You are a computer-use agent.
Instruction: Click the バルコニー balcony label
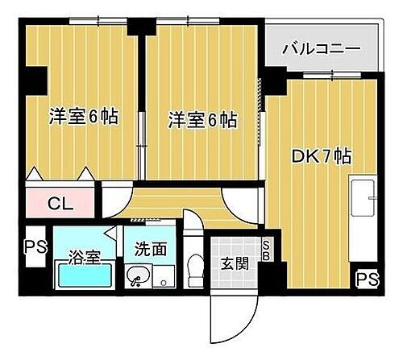(321, 50)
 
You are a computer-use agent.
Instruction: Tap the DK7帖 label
(320, 156)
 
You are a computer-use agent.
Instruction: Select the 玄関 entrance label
(236, 263)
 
